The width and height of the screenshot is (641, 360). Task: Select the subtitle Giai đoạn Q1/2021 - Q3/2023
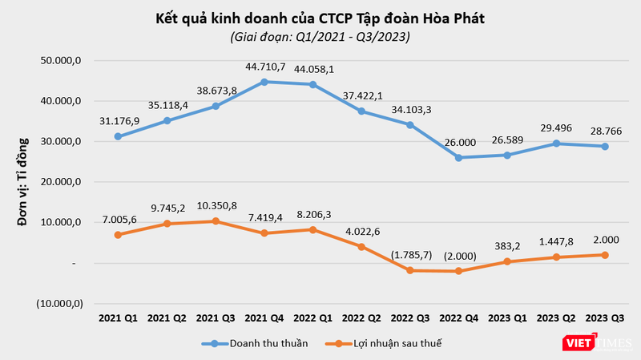[320, 37]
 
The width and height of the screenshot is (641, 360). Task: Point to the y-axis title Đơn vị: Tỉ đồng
[23, 181]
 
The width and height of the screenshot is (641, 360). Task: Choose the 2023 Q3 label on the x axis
[605, 318]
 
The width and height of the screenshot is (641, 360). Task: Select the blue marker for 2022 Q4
[458, 157]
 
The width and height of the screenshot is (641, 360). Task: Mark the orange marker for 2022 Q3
[409, 270]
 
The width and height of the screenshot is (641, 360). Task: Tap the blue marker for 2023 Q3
[605, 146]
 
